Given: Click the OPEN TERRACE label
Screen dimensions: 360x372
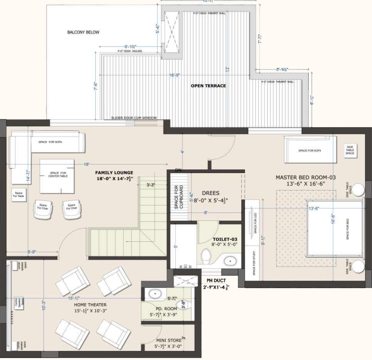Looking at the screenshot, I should tap(208, 86).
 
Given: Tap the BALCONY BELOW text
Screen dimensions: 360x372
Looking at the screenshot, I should tap(83, 32).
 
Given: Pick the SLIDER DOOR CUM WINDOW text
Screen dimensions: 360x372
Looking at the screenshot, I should tap(134, 118).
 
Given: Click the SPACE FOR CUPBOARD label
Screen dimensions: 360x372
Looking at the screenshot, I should tap(177, 196).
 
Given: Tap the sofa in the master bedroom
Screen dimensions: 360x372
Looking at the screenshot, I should tap(310, 150).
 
